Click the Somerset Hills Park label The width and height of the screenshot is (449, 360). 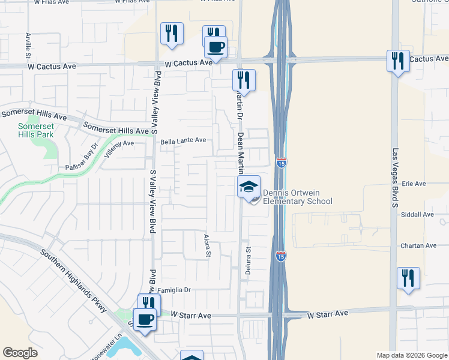pos(35,130)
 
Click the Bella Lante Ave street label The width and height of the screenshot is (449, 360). pos(183,140)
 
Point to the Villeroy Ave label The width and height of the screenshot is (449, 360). pos(119,148)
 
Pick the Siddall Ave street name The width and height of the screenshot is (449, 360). pos(420,214)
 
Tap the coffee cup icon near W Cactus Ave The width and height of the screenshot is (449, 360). pos(215,47)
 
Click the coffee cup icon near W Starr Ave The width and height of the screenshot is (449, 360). pos(145,319)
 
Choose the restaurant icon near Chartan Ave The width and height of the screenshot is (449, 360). pos(408,278)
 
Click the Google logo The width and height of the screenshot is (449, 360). pos(20,353)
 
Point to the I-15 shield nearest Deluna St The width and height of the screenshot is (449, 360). pos(280,256)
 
